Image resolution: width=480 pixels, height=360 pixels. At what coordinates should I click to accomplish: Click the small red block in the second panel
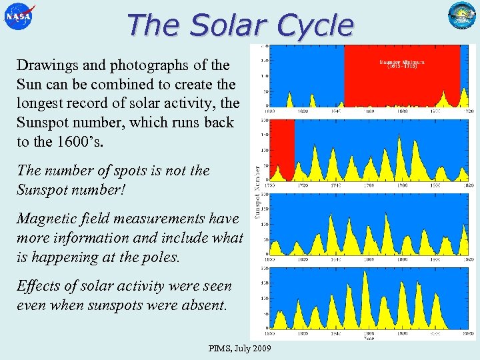tap(285, 150)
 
